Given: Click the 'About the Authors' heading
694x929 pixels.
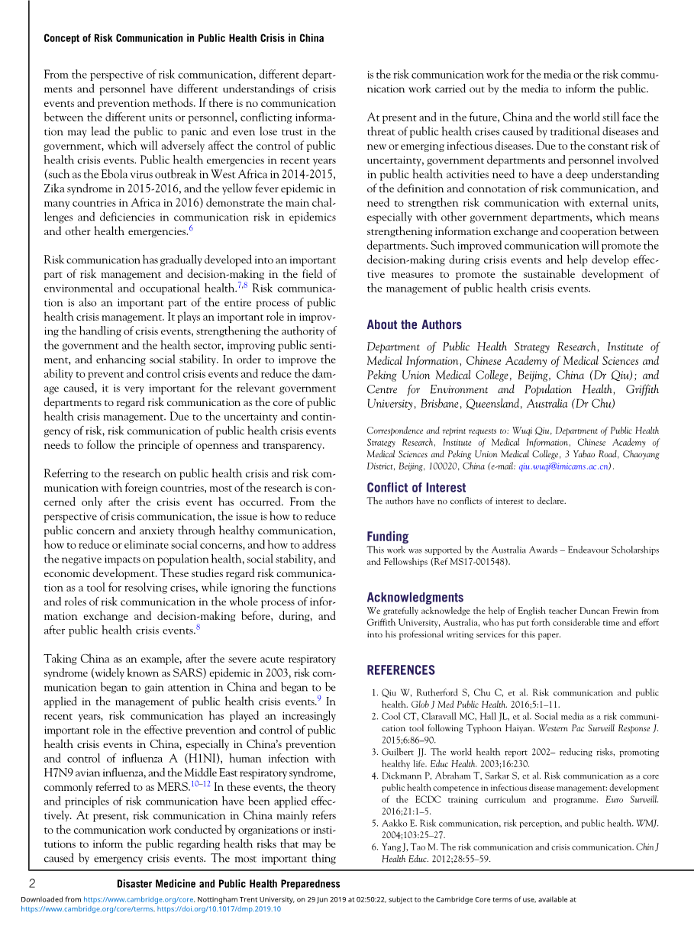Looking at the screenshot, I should click(414, 324).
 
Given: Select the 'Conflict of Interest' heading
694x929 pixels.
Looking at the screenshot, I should click(416, 488).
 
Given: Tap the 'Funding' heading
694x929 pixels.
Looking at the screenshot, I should click(387, 537).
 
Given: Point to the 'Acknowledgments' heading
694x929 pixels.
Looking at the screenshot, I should click(415, 598).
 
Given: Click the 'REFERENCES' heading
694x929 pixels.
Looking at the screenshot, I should click(401, 670).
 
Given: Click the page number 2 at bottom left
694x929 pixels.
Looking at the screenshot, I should click(33, 883).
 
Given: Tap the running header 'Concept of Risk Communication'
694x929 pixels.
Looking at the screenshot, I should click(183, 38).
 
